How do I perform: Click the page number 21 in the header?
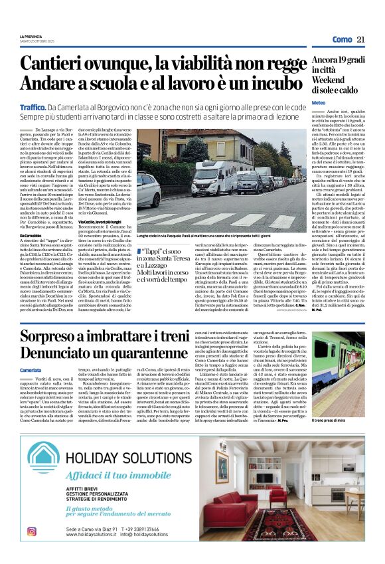[x=361, y=39]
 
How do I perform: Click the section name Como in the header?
[x=342, y=40]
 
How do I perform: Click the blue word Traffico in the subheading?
[x=33, y=106]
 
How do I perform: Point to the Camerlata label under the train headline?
[x=31, y=370]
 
